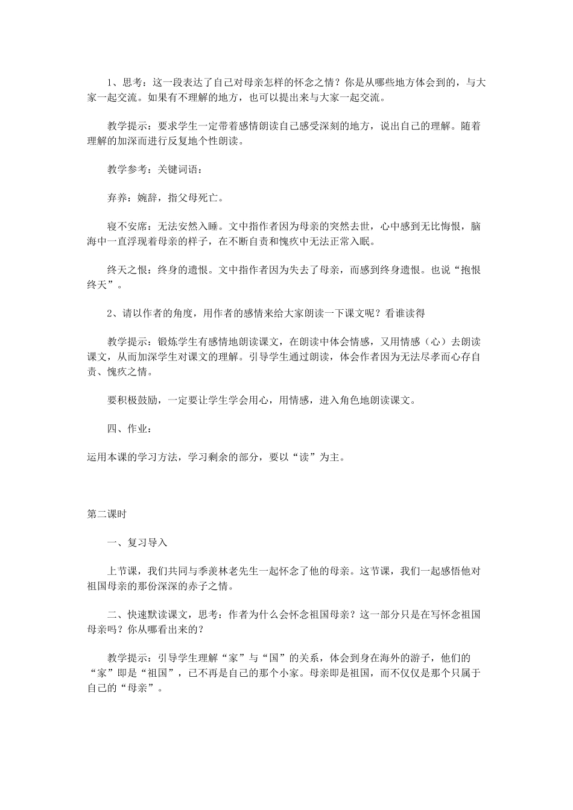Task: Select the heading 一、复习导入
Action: (137, 542)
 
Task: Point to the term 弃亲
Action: (116, 198)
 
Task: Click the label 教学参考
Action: (127, 169)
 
